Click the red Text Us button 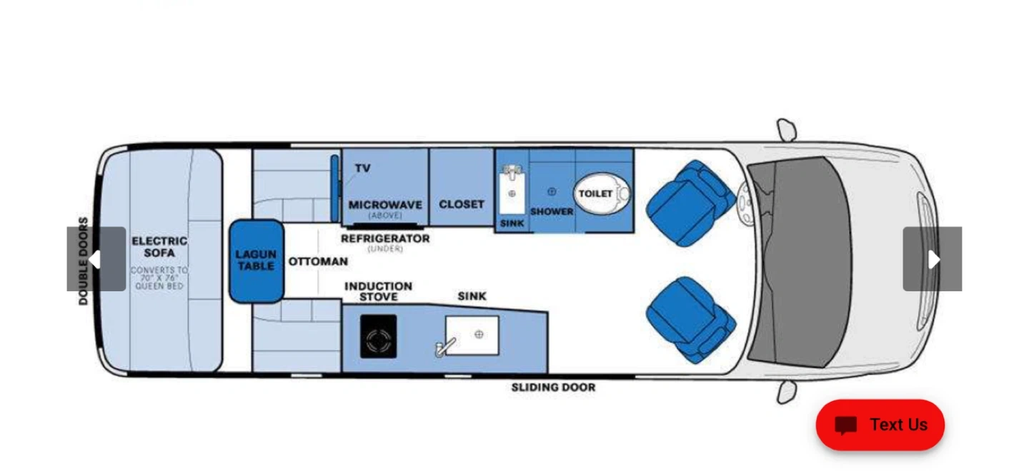coord(880,425)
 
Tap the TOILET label coord(595,193)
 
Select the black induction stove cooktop coord(379,336)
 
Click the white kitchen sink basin coord(472,336)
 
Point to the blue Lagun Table coord(257,261)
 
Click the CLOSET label coord(462,204)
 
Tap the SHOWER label coord(552,212)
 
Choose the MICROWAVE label coord(385,205)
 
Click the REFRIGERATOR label coord(385,238)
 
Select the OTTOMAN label coord(318,261)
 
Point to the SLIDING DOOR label coord(554,388)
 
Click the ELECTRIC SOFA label coord(159,247)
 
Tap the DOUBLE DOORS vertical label coord(83,261)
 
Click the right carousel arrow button coord(933,259)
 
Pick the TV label coord(362,168)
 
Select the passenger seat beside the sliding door coord(691,321)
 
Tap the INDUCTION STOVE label coord(379,291)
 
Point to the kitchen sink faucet coord(444,348)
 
